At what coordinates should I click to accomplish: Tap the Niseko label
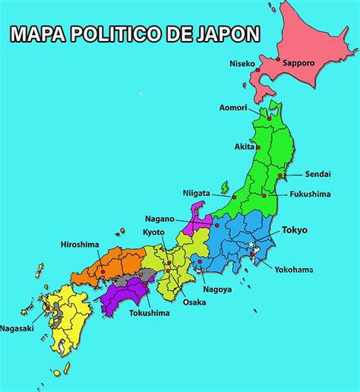point(242,63)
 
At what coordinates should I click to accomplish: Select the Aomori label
point(232,107)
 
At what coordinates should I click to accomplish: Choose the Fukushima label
point(310,194)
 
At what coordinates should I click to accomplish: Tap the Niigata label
point(196,193)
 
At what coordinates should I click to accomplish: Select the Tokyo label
point(295,229)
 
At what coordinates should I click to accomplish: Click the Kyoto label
point(153,232)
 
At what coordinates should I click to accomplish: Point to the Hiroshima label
point(81,245)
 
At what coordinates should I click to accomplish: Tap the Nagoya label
point(216,289)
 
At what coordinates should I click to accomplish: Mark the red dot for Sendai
point(280,175)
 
